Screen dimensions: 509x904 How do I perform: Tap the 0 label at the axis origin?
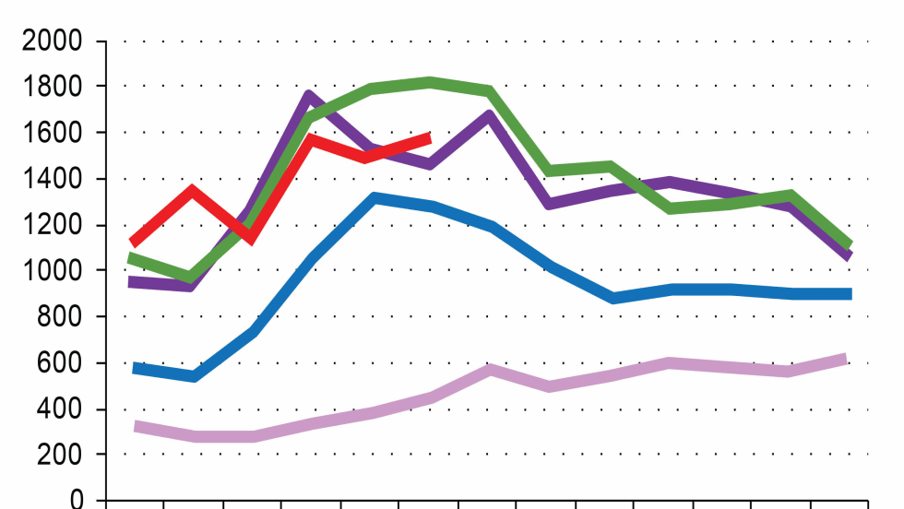(x=76, y=501)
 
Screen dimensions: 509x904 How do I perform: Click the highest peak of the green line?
(x=432, y=83)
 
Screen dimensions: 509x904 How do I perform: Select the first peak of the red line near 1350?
(x=191, y=191)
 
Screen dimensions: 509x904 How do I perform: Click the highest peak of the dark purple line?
(x=309, y=96)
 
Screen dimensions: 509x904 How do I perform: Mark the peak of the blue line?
(x=373, y=198)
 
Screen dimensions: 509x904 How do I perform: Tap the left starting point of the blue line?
(x=135, y=368)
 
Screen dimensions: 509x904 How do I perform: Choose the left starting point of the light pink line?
(x=135, y=426)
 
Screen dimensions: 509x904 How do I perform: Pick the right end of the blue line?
(x=849, y=294)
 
